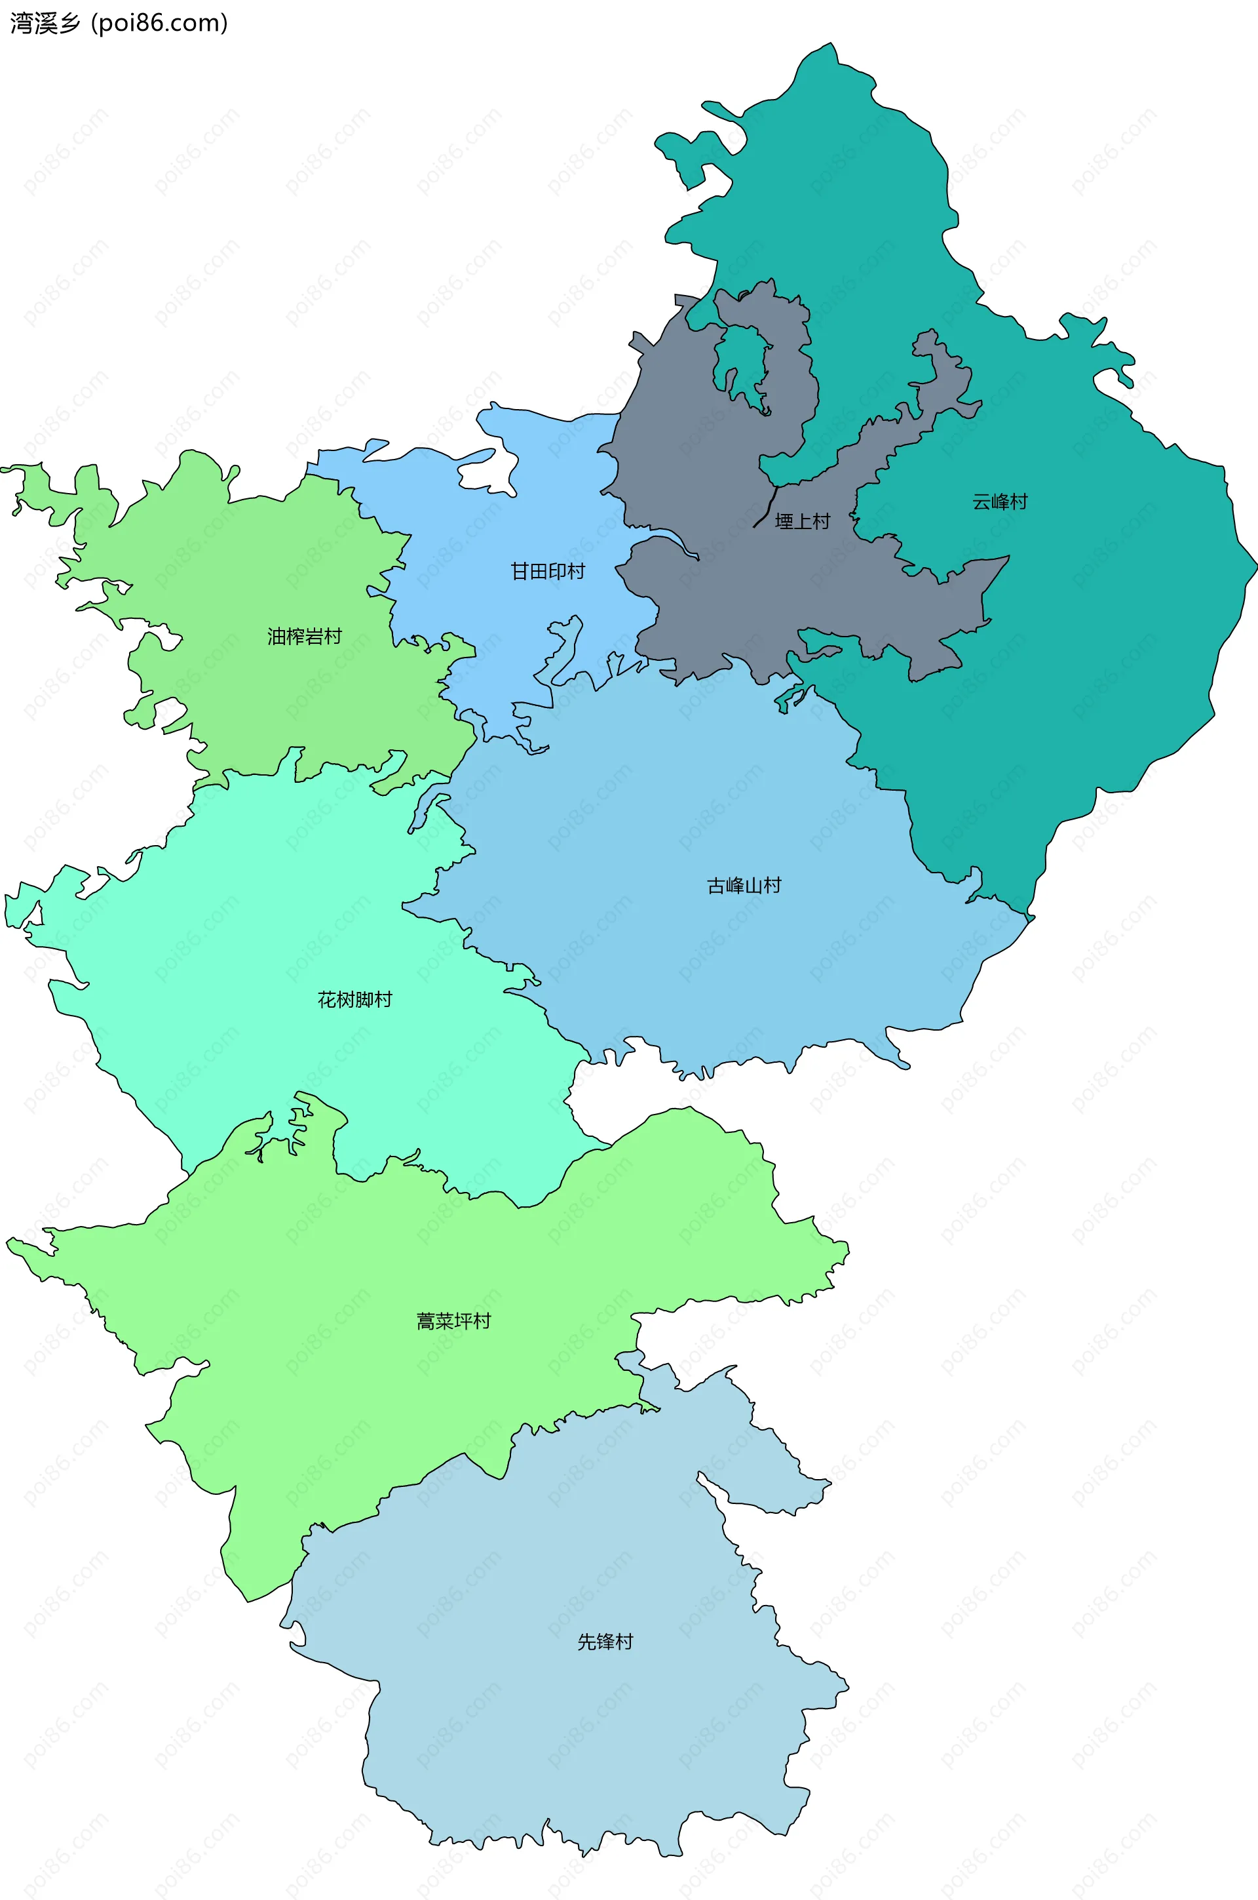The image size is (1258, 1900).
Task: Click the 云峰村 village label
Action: tap(1000, 502)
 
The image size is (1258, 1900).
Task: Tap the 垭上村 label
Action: tap(801, 522)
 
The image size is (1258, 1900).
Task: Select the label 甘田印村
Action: tap(548, 572)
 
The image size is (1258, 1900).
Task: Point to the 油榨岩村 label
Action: tap(305, 637)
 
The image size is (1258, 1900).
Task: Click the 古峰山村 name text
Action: tap(744, 885)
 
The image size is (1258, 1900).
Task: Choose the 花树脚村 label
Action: tap(354, 999)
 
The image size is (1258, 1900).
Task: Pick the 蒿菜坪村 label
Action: tap(453, 1321)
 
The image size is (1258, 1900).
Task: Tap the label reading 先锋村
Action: tap(605, 1642)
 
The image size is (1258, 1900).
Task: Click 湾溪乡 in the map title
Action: tap(45, 24)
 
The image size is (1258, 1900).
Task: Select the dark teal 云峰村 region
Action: tap(1083, 642)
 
